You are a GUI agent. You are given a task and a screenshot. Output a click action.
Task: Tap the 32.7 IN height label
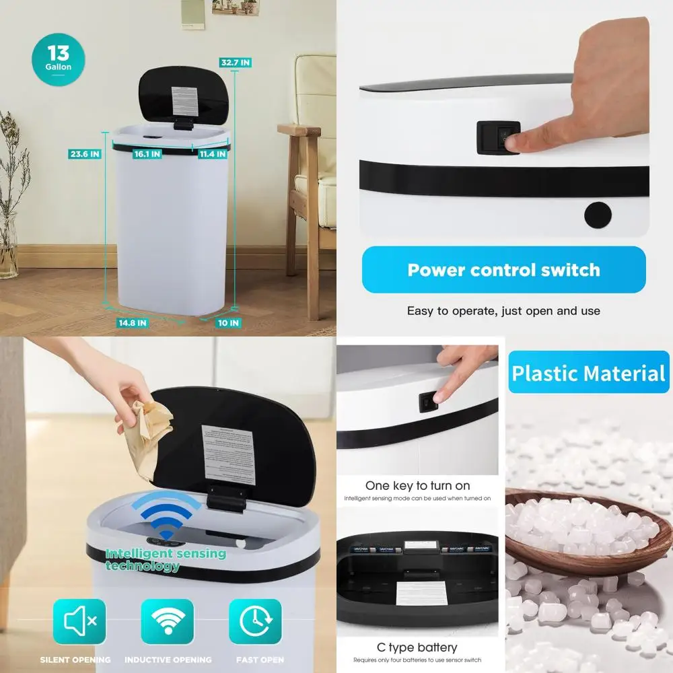236,63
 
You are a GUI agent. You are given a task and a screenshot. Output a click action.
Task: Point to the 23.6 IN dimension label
85,153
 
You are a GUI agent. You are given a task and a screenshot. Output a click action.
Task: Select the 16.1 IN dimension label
147,154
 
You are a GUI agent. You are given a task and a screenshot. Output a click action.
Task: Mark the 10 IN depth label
227,323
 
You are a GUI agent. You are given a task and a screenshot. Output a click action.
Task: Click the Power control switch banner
503,270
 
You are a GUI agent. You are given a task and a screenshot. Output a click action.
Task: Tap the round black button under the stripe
598,215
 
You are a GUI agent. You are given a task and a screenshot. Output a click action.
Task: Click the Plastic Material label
588,373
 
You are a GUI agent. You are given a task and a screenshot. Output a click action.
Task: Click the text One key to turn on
417,485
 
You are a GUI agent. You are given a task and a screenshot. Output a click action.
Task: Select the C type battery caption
417,647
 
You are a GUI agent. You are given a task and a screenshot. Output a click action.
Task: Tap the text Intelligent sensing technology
166,559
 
